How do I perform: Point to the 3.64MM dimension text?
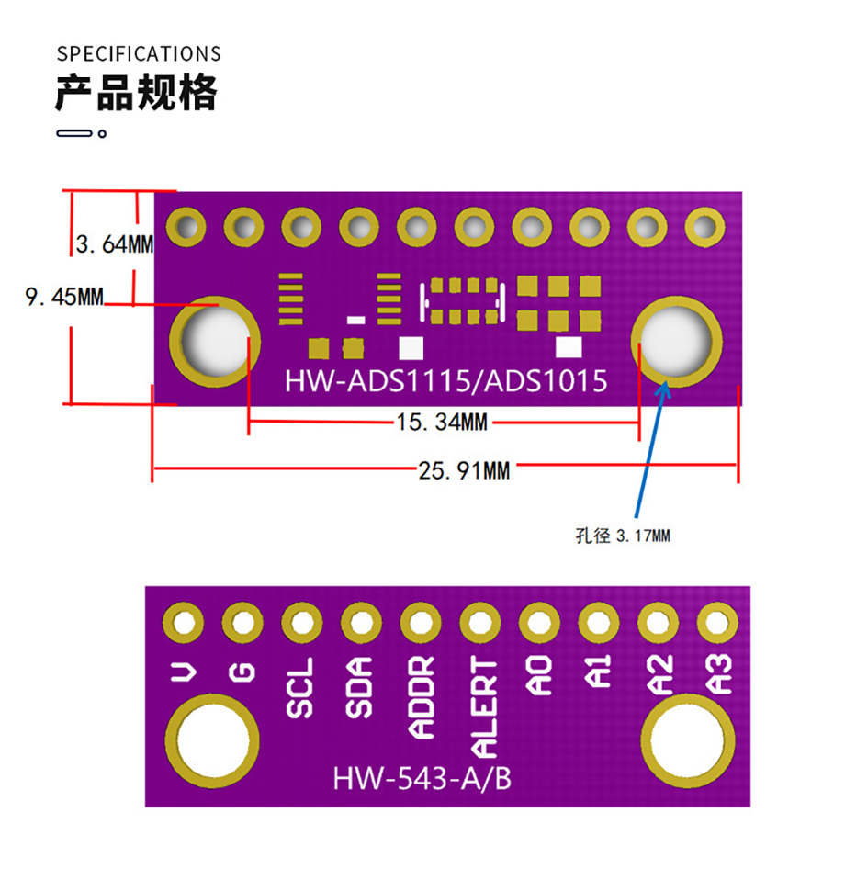tap(114, 244)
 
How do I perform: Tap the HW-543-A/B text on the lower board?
tap(422, 779)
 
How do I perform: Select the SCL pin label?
tap(299, 688)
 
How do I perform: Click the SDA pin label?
tap(359, 688)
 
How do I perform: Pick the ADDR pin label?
tap(421, 698)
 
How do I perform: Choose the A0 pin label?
tap(539, 677)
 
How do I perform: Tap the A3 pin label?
tap(718, 674)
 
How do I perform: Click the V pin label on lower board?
tap(184, 674)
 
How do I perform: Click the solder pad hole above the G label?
tap(242, 624)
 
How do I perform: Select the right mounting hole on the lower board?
tap(690, 740)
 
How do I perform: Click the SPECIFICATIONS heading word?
tap(139, 53)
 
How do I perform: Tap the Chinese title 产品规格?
tap(136, 93)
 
